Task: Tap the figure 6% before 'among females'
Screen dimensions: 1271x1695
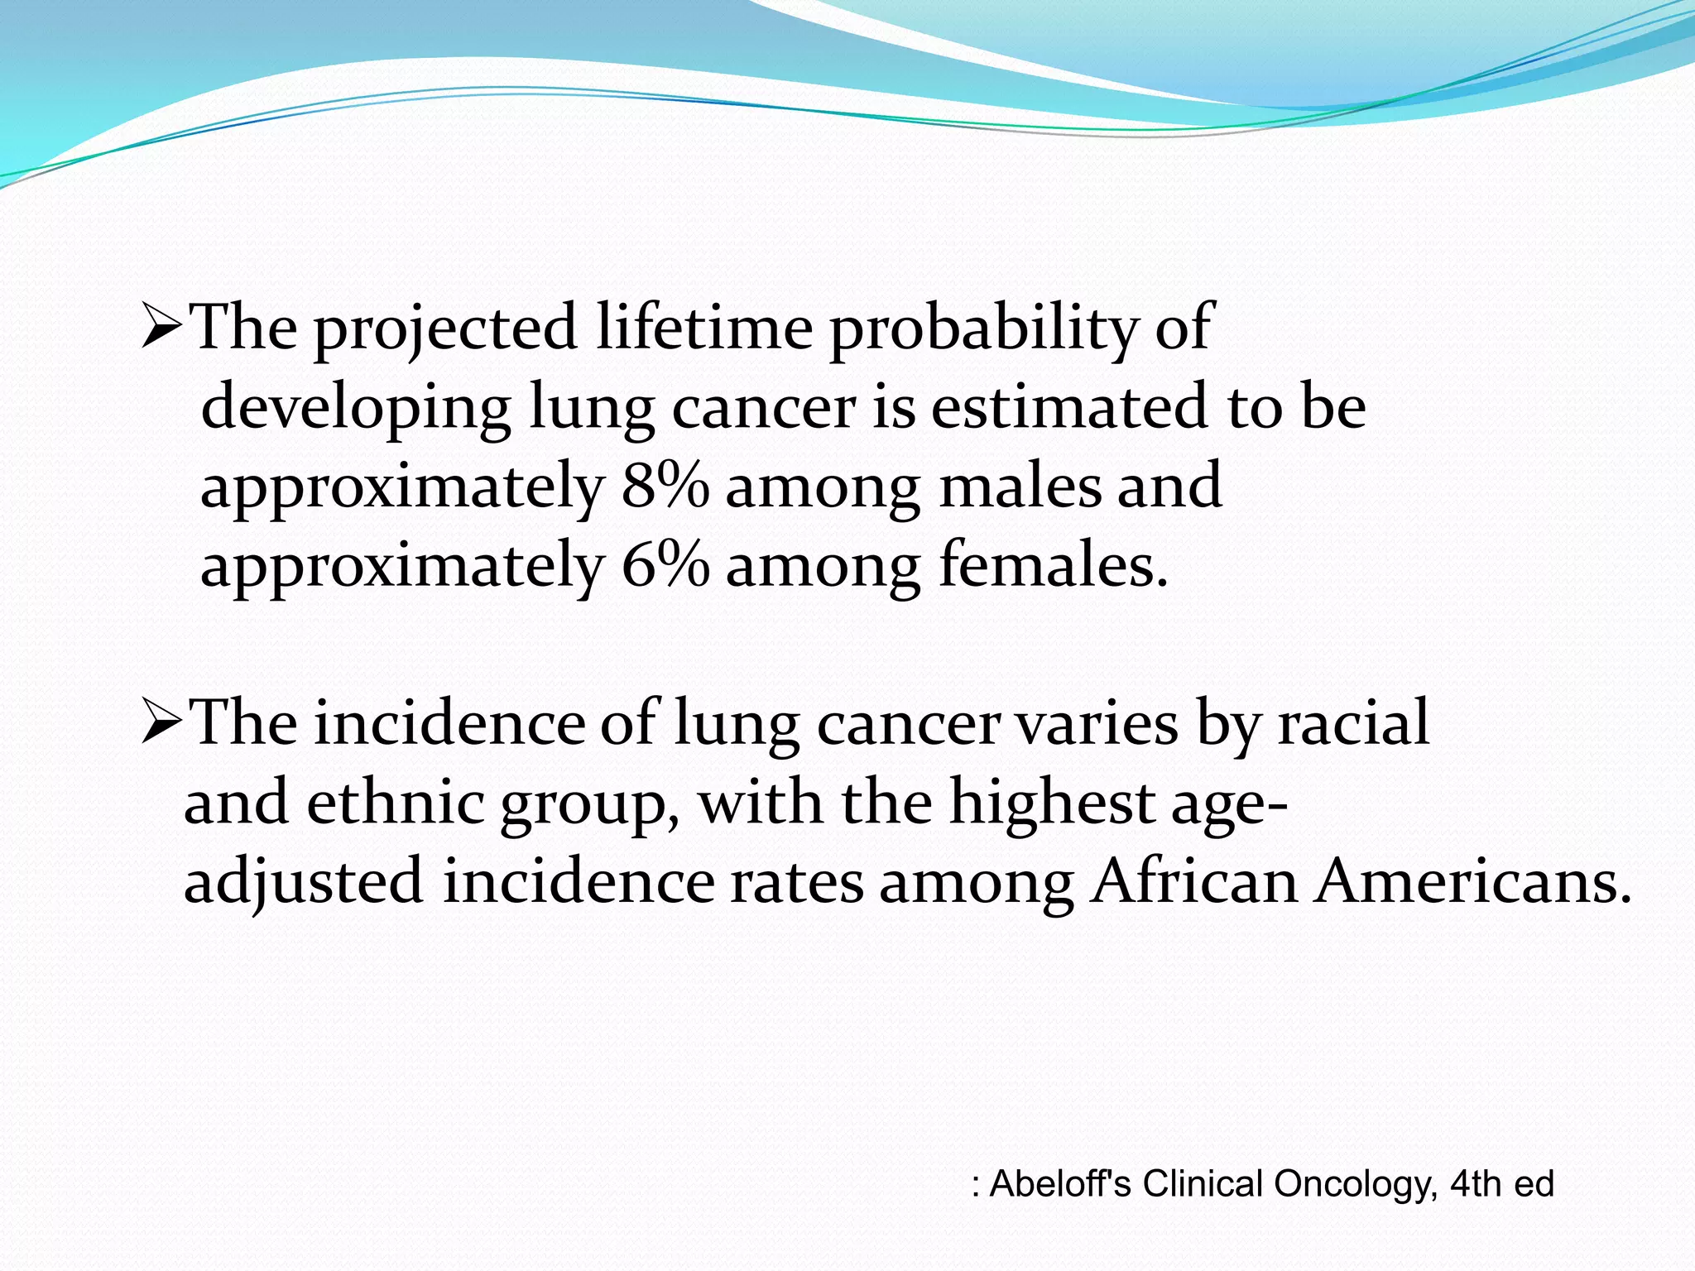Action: [x=665, y=565]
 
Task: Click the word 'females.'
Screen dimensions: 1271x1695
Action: [x=1054, y=565]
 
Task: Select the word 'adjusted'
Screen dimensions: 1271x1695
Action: [x=304, y=882]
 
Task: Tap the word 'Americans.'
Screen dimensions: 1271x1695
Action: [x=1473, y=880]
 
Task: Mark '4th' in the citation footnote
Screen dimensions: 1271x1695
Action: [x=1476, y=1183]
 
